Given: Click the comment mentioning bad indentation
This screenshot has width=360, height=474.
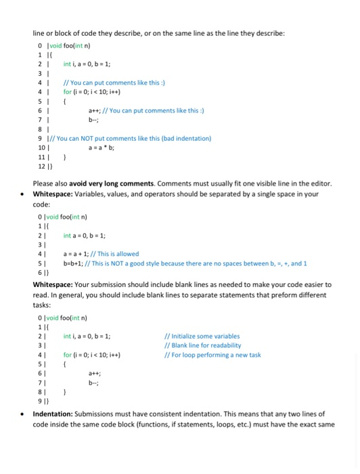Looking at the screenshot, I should pyautogui.click(x=129, y=139).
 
